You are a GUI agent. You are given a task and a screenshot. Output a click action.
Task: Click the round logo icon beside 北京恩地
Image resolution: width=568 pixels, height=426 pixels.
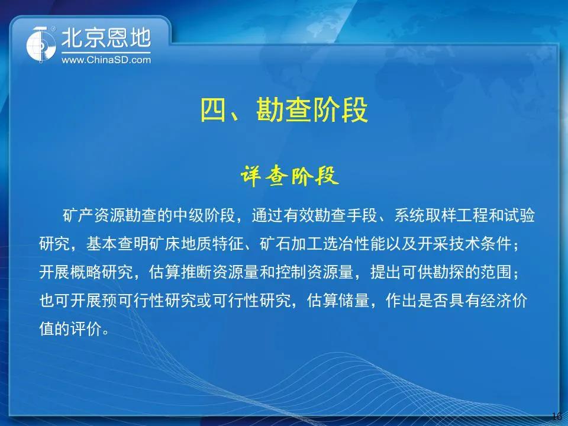coord(41,44)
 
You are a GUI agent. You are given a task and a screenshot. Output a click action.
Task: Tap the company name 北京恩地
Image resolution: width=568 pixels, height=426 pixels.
coord(106,38)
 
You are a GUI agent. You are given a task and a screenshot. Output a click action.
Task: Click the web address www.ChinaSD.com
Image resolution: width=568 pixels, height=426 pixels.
coord(106,60)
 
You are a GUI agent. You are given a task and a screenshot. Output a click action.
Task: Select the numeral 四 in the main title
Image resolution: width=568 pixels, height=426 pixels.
coord(214,110)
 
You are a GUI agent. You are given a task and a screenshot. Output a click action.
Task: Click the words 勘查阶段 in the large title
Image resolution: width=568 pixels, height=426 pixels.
coord(312,110)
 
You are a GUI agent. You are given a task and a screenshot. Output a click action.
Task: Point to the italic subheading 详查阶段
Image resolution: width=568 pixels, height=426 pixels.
coord(289,176)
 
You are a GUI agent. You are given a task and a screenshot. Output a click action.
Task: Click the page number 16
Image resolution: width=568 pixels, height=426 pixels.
coord(557,415)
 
